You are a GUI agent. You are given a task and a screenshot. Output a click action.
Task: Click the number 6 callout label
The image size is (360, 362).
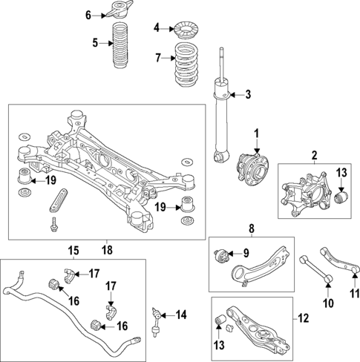point(88,15)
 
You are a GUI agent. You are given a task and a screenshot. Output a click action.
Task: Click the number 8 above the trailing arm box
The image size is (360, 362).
point(252,228)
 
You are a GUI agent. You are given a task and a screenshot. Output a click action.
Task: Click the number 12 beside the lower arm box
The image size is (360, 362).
point(303,319)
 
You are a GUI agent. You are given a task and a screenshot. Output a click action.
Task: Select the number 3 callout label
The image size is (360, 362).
point(249,94)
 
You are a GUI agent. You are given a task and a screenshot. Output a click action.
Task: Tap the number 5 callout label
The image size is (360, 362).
point(95,43)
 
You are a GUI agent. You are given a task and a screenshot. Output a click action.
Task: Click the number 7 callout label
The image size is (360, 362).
point(157,58)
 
